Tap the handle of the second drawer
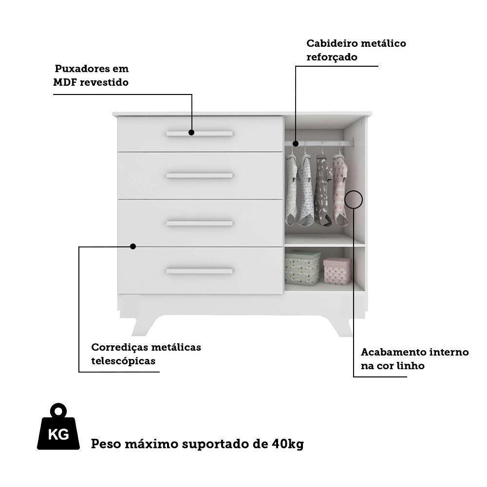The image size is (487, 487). (200, 175)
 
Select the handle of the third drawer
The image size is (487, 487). (200, 223)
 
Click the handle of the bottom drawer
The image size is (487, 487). (200, 271)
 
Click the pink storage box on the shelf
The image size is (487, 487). (337, 271)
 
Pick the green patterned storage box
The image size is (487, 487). (302, 267)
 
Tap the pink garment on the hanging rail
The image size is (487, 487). (340, 190)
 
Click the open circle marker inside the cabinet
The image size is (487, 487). (354, 200)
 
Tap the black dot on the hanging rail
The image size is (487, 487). (295, 144)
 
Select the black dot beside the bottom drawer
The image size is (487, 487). (132, 246)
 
